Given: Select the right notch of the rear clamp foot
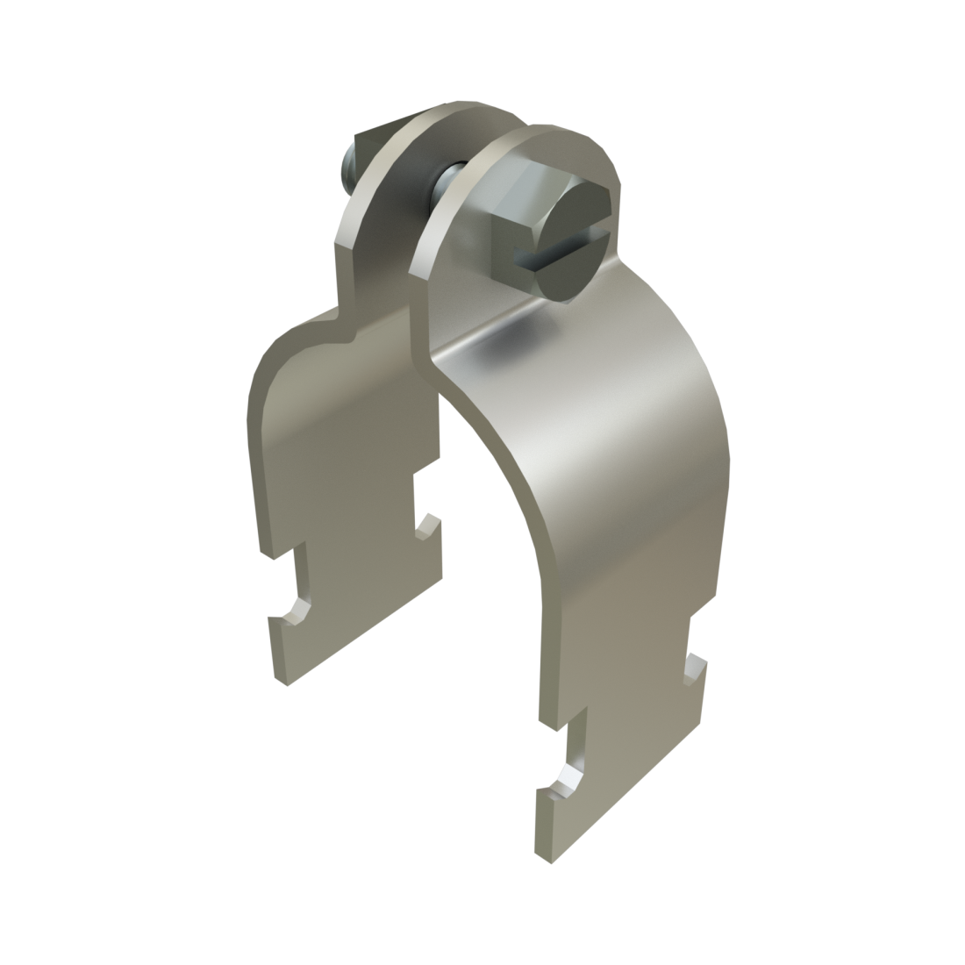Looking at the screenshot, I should tap(427, 526).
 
